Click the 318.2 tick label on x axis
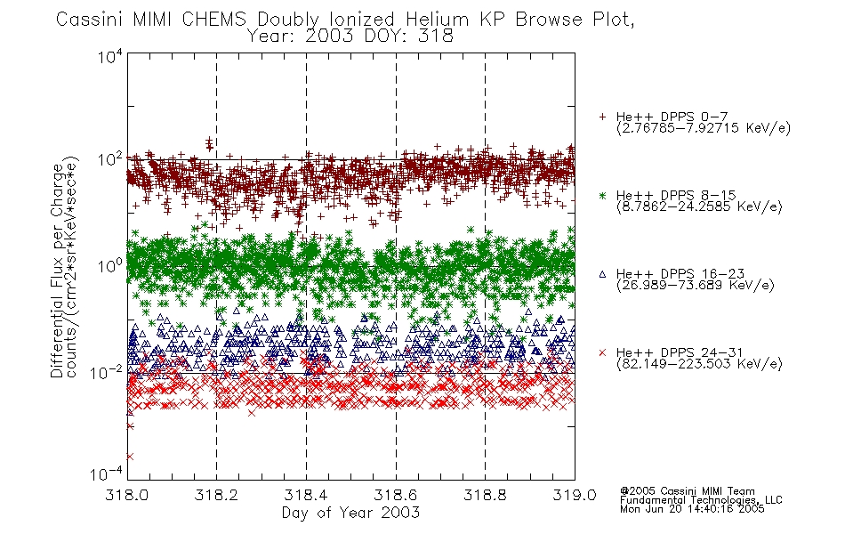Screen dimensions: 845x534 pos(216,495)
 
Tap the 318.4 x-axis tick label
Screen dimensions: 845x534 pos(306,495)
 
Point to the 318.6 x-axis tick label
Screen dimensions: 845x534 pos(396,495)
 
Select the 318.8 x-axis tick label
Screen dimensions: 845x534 pos(485,495)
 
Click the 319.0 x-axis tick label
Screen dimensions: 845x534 pos(575,495)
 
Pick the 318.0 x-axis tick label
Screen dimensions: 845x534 pos(126,495)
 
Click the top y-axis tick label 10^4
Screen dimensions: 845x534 pos(110,55)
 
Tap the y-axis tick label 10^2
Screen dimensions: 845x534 pos(110,159)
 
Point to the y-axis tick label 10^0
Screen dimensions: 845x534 pos(110,266)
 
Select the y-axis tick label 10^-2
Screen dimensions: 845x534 pos(107,371)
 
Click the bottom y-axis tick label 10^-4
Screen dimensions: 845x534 pos(107,473)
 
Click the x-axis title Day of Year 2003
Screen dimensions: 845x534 pos(350,513)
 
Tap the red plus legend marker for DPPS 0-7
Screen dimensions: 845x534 pos(602,117)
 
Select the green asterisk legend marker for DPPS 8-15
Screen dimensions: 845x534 pos(602,196)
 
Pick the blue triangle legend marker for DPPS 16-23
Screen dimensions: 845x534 pos(602,274)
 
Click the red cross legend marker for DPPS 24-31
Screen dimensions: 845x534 pos(602,352)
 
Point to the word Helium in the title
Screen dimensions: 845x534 pos(437,20)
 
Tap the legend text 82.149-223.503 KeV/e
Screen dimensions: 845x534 pos(699,364)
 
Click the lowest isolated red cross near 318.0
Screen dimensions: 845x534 pos(129,457)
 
